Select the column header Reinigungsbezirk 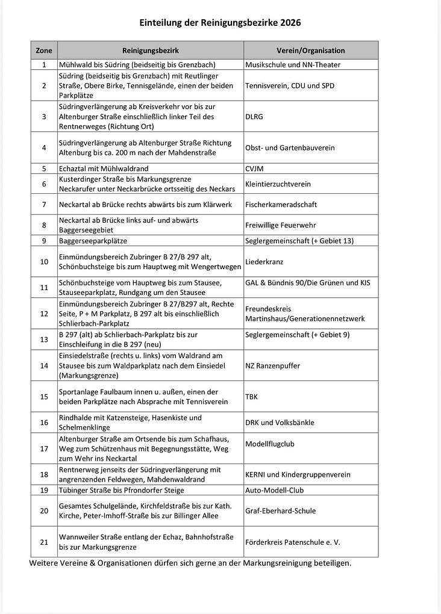click(151, 51)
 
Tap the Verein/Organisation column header click(311, 51)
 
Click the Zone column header click(44, 51)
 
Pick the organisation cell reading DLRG click(254, 117)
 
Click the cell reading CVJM click(254, 169)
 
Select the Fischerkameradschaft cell click(281, 205)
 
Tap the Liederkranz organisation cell click(264, 262)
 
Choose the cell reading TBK click(251, 397)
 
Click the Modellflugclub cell click(270, 444)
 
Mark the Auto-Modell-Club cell click(274, 490)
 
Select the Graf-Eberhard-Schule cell click(280, 511)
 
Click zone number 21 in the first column click(44, 542)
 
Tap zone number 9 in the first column click(44, 241)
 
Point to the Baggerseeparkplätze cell click(93, 241)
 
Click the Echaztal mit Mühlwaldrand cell click(104, 169)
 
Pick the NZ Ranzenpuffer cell click(272, 365)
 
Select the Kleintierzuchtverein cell click(278, 184)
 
